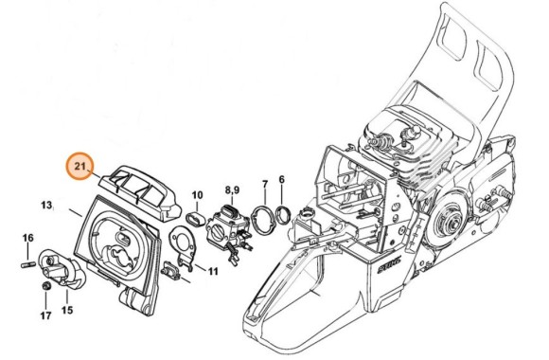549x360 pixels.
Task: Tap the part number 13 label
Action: tap(45, 205)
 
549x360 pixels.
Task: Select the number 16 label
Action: tap(27, 238)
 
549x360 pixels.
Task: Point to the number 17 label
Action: tap(44, 315)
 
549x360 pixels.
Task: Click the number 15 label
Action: tap(67, 309)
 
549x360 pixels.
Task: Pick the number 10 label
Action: tap(197, 196)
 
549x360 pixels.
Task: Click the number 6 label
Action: tap(281, 179)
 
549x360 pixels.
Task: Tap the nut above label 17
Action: tap(44, 287)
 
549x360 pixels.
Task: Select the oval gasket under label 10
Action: tap(197, 217)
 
